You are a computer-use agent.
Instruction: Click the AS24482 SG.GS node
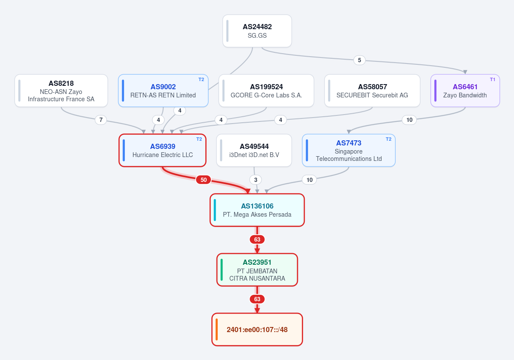point(257,31)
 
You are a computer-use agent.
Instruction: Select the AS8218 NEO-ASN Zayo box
point(61,91)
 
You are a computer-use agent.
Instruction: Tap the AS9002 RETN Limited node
point(163,91)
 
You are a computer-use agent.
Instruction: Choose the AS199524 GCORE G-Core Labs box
point(266,91)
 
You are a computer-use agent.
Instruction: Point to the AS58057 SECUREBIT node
point(372,91)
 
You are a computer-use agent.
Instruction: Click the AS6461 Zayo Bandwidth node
point(465,91)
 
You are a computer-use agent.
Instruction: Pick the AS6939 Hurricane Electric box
point(162,150)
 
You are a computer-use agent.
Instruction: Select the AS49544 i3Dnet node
point(254,150)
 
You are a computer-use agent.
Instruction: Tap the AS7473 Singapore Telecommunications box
point(349,150)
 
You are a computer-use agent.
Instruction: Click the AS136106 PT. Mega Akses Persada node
point(257,210)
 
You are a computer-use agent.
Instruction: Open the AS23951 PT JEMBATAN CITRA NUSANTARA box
point(257,270)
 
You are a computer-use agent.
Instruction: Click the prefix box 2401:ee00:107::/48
point(257,330)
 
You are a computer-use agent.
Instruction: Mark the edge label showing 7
point(101,120)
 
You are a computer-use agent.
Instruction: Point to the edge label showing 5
point(360,60)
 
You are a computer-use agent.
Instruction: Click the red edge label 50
point(204,180)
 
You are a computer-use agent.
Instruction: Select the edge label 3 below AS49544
point(255,180)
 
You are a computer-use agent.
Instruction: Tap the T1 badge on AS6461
point(493,79)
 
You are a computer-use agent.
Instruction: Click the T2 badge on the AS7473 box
point(388,139)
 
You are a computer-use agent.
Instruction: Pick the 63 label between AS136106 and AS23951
point(257,239)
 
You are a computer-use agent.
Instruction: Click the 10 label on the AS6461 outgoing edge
point(409,120)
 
